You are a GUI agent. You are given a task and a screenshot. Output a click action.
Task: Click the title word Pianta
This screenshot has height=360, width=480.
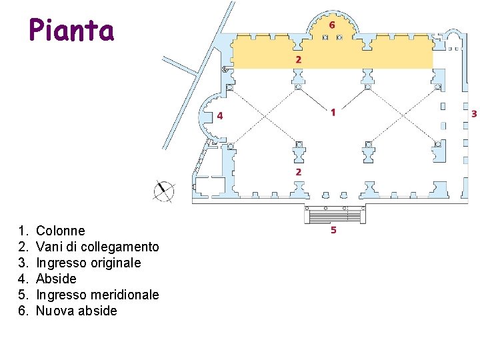point(71,31)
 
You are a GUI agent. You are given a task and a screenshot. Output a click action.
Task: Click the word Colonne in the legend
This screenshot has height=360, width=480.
point(61,231)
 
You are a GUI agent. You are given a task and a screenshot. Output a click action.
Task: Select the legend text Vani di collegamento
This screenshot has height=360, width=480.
point(97,247)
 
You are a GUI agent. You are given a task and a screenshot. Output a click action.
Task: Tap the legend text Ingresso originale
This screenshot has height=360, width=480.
point(89,263)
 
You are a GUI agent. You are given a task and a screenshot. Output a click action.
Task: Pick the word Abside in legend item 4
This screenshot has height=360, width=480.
point(56,279)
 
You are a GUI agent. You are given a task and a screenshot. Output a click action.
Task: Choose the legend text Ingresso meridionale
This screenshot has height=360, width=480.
point(97,295)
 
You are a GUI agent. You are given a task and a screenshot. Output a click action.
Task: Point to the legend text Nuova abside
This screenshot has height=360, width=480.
point(77,311)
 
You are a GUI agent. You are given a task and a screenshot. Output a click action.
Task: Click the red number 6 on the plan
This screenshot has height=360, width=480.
point(331,25)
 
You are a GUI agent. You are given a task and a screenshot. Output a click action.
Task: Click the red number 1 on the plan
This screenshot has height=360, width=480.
point(333,112)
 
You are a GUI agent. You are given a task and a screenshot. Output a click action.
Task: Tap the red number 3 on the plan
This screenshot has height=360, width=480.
point(474,114)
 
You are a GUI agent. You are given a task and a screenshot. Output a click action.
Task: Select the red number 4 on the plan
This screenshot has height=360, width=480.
point(220,115)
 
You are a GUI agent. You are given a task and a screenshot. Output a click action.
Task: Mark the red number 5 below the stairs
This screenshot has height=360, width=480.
point(333,231)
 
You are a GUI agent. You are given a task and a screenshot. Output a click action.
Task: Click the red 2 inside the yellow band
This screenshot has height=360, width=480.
point(298,59)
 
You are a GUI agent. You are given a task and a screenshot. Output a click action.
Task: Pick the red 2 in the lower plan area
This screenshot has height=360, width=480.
point(298,172)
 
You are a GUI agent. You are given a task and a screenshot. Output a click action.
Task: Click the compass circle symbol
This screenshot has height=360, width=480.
point(163,191)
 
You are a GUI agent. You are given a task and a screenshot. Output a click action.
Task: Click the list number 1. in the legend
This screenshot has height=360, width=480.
point(23,231)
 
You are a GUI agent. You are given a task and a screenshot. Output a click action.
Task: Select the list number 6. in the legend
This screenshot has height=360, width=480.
point(23,311)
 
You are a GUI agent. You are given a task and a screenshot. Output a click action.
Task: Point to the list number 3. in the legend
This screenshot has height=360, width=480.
point(23,263)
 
